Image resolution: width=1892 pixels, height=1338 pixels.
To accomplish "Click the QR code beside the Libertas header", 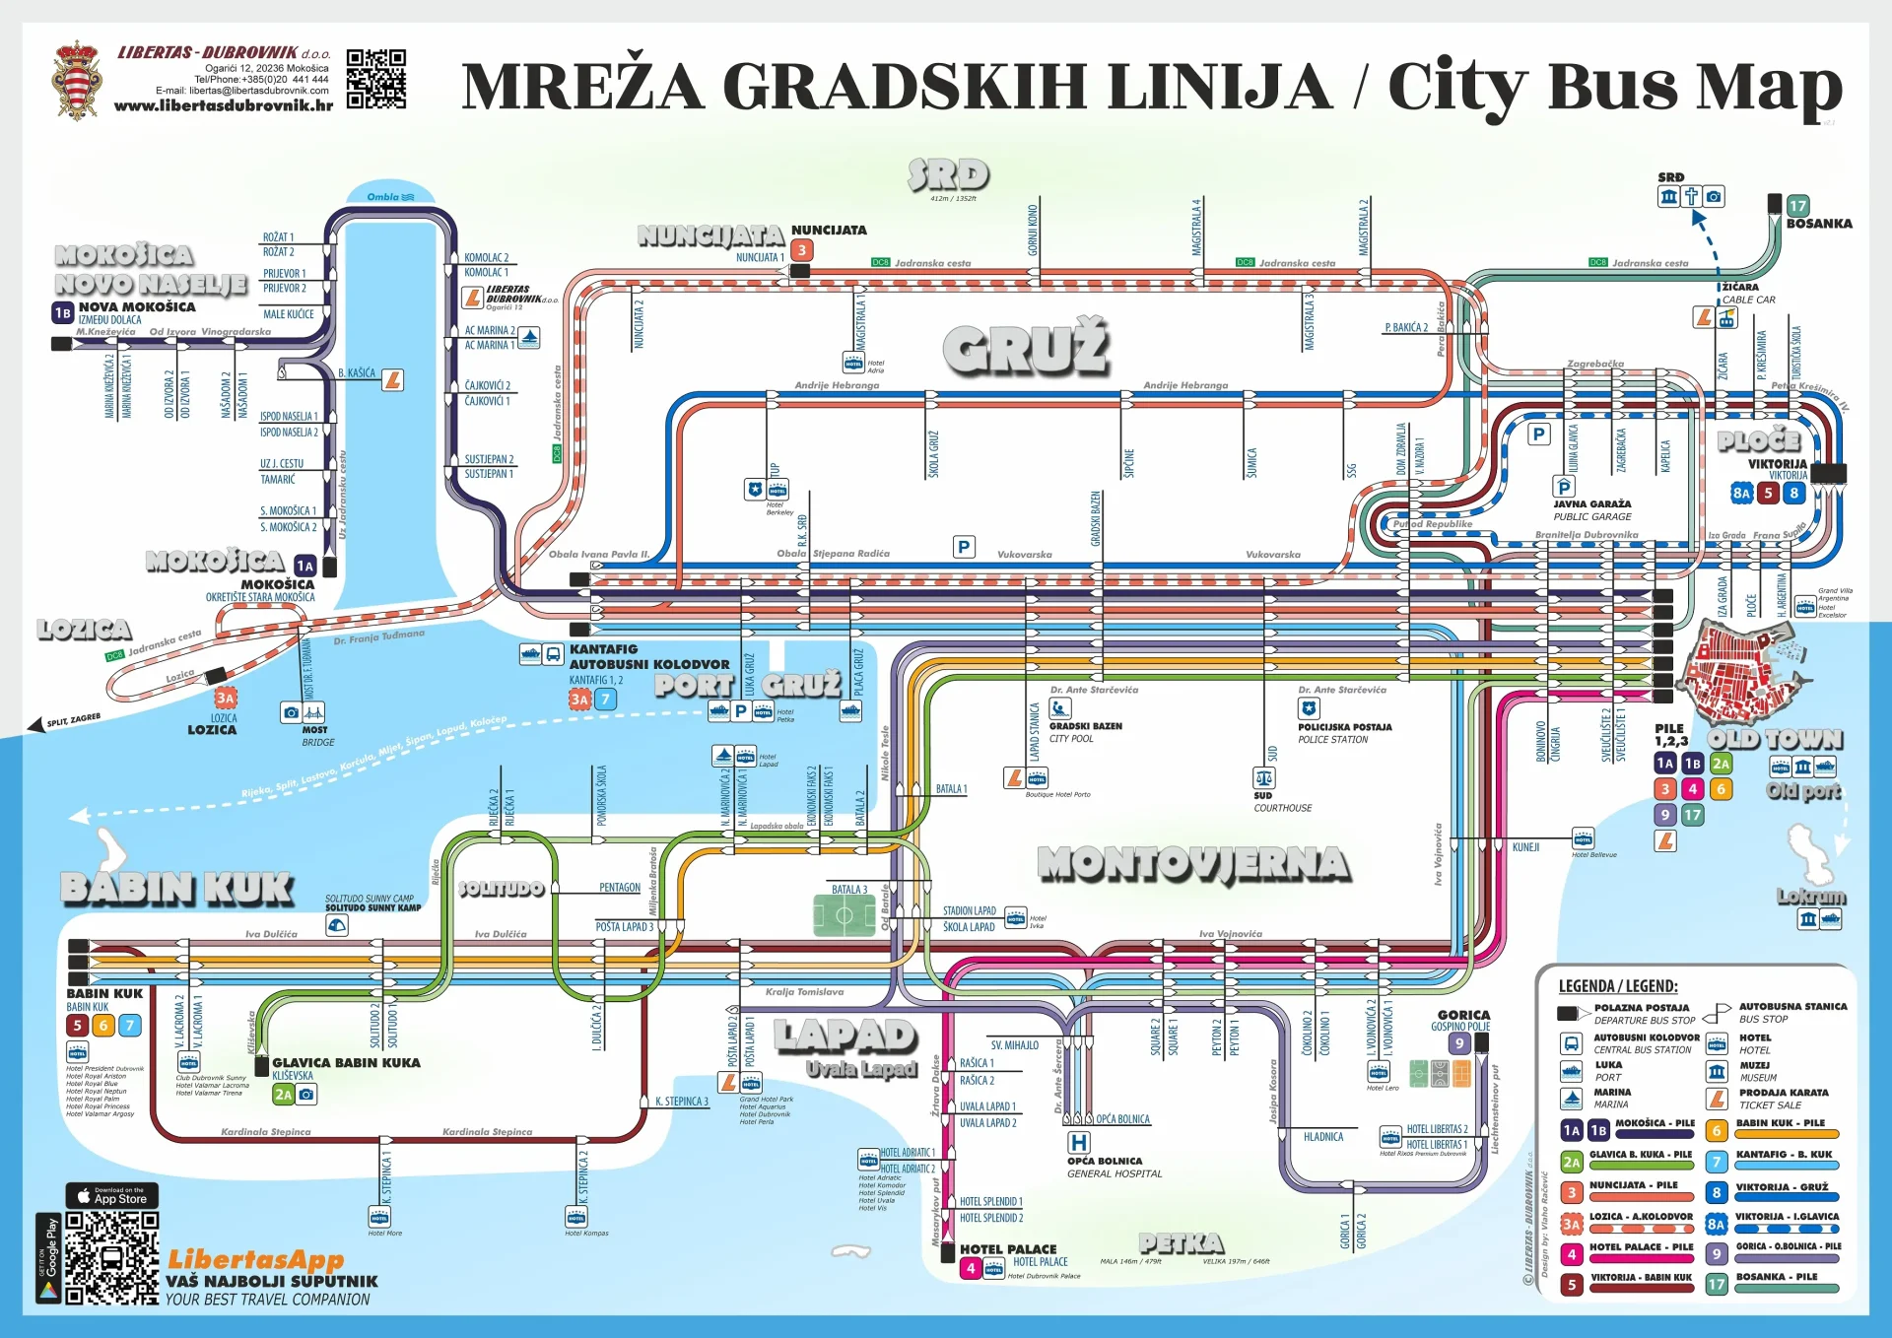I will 375,79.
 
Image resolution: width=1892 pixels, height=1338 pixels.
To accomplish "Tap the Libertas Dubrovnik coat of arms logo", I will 77,81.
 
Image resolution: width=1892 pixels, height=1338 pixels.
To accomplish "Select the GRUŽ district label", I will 1026,348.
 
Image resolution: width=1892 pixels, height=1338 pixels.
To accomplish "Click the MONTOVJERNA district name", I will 1193,864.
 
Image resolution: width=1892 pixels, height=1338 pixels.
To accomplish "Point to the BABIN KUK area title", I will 177,889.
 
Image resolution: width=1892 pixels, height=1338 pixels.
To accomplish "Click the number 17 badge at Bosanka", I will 1798,206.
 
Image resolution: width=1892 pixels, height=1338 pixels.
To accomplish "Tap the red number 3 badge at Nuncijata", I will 802,250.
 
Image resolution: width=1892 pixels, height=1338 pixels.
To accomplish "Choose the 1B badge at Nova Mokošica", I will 63,313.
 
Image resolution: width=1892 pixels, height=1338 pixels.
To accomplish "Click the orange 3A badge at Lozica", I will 226,699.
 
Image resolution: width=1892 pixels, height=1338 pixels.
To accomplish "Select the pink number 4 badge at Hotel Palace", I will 971,1269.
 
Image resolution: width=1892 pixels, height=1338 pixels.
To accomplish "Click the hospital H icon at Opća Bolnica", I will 1079,1143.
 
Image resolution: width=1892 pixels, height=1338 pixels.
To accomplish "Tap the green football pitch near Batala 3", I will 844,915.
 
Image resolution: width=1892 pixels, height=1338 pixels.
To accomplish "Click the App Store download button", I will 112,1196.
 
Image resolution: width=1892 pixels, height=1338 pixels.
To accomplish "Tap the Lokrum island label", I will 1811,897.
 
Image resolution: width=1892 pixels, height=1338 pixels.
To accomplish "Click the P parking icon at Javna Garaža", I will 1564,487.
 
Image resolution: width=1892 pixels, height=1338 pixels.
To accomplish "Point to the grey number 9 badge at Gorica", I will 1459,1043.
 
